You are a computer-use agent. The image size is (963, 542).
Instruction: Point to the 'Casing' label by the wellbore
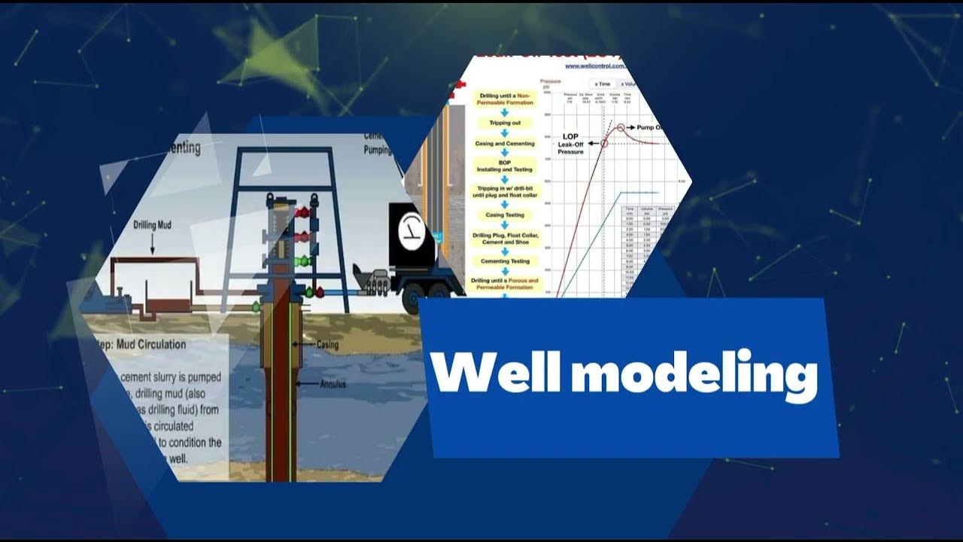tap(327, 345)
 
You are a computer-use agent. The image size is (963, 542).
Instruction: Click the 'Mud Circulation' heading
tap(143, 345)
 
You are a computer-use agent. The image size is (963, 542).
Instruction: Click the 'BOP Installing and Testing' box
tap(505, 166)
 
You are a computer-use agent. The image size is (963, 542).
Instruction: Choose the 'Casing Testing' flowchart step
tap(505, 215)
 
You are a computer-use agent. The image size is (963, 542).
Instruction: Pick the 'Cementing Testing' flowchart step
tap(505, 261)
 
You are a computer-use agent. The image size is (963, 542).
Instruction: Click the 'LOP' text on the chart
tap(569, 137)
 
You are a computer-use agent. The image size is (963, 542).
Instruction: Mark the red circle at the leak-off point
tap(604, 143)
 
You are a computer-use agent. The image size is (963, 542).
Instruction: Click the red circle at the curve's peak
tap(621, 128)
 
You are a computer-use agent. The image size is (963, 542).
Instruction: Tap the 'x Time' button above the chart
tap(602, 84)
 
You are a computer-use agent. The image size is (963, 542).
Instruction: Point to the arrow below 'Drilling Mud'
tap(153, 243)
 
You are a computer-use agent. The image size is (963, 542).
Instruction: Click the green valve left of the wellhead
tap(257, 306)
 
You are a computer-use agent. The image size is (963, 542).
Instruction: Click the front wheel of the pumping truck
tap(412, 300)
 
